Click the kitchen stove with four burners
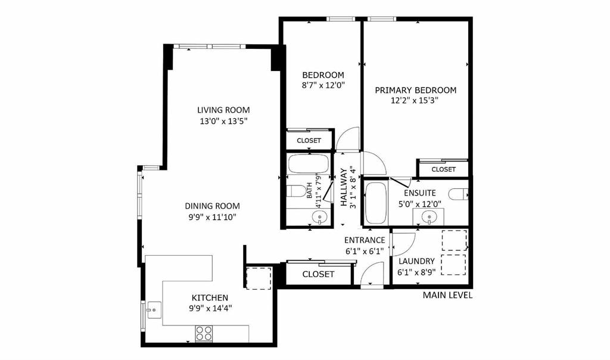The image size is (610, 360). tap(204, 333)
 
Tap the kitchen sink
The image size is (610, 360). tap(154, 310)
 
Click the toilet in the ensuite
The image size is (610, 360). tap(458, 194)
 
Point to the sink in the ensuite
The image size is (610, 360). tap(428, 216)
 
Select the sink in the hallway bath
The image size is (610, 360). tap(319, 218)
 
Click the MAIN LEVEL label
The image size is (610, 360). tap(447, 296)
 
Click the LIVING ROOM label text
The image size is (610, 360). tap(223, 110)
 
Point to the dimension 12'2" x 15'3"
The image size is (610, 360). tap(415, 100)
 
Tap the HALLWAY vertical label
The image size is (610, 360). tap(344, 187)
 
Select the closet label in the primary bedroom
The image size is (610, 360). tap(443, 169)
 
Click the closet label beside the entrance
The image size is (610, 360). tap(318, 274)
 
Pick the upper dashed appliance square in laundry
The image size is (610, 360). tap(455, 240)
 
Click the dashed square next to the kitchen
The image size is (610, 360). tap(259, 278)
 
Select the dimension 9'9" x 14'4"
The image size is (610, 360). tap(211, 309)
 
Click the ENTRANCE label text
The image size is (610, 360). tap(365, 241)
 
